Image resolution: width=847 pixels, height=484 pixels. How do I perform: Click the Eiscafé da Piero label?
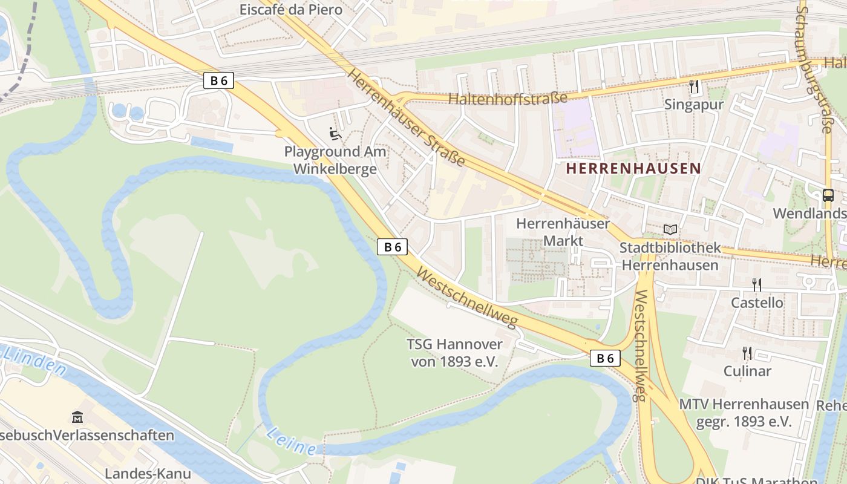click(x=290, y=10)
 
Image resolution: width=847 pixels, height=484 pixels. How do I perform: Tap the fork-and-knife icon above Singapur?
click(x=693, y=87)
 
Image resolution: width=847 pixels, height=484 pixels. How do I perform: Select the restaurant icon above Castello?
click(x=756, y=284)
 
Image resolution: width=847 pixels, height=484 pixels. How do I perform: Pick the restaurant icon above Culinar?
click(x=747, y=353)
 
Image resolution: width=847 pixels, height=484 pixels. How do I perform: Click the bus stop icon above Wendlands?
click(x=828, y=195)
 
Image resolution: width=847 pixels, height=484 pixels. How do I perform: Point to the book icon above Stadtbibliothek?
click(x=670, y=230)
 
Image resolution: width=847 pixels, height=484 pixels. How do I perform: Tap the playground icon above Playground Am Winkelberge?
click(x=335, y=134)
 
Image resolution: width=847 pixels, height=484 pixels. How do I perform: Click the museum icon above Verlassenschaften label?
click(x=77, y=417)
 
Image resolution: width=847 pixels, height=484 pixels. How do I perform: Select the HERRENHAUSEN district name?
click(x=633, y=169)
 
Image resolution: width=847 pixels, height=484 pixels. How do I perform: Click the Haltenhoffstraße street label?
click(x=508, y=98)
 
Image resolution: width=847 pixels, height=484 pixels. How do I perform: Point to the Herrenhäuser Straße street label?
click(x=406, y=119)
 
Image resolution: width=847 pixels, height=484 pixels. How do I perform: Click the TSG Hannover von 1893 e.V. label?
click(x=454, y=353)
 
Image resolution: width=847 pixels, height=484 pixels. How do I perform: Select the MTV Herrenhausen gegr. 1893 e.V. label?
click(x=744, y=413)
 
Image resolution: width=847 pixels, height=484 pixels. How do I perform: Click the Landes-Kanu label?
click(x=148, y=474)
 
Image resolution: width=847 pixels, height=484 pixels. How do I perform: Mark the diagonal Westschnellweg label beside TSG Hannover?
click(x=468, y=297)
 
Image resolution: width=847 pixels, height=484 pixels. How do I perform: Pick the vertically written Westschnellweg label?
click(x=639, y=345)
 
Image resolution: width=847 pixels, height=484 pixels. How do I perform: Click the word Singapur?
click(x=693, y=105)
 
